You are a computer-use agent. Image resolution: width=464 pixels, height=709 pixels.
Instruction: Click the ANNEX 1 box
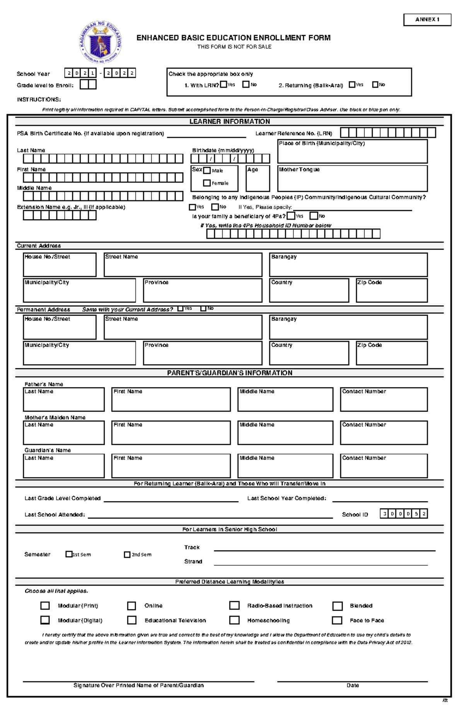(x=427, y=20)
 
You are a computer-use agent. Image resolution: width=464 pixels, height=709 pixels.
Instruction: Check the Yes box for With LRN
(x=223, y=84)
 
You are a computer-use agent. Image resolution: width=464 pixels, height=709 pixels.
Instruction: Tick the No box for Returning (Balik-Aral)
(x=375, y=84)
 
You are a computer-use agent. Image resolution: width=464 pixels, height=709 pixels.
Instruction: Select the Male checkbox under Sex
(x=207, y=170)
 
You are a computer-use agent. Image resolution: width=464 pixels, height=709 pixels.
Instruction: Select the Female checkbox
(x=207, y=183)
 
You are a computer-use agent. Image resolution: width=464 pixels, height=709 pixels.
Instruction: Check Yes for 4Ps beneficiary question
(x=291, y=216)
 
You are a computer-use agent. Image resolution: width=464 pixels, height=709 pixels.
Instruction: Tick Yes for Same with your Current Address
(x=180, y=309)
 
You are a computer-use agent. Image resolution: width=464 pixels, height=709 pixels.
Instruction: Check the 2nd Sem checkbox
(x=127, y=554)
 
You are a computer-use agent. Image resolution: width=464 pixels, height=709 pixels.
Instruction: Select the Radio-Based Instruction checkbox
(x=234, y=605)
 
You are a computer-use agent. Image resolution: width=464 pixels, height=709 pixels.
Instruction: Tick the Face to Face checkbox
(x=337, y=620)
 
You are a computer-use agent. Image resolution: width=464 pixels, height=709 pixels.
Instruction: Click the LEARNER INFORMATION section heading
(x=230, y=122)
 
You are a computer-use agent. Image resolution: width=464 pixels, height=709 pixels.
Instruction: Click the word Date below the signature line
(x=352, y=685)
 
